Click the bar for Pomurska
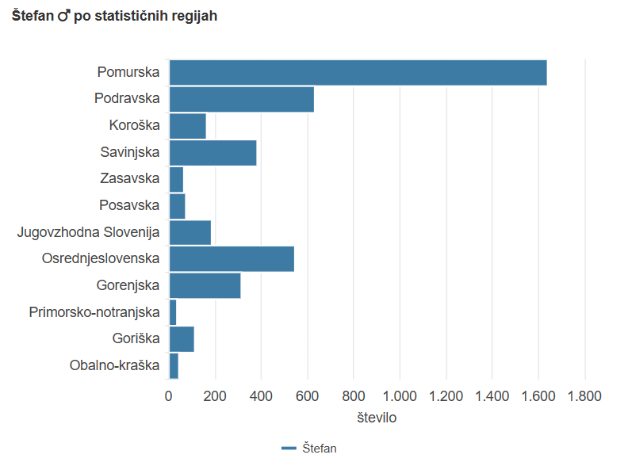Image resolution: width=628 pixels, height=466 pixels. tap(358, 73)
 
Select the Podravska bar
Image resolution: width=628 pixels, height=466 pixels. tap(241, 100)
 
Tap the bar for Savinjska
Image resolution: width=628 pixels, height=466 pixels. tap(213, 152)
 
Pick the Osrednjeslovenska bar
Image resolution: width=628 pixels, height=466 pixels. tap(232, 259)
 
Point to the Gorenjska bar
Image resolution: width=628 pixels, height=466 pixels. tap(205, 285)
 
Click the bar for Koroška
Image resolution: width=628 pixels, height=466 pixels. tap(187, 126)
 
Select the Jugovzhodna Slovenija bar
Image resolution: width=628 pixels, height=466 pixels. tap(190, 233)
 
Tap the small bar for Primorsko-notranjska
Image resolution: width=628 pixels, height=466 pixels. tap(173, 312)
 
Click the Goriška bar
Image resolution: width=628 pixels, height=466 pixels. tap(182, 339)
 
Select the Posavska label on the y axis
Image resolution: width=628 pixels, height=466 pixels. tap(129, 205)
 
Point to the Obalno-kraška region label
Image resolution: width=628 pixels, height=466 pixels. tap(114, 365)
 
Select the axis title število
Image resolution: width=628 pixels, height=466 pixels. tap(377, 417)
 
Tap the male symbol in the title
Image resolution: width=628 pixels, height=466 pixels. tap(64, 17)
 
